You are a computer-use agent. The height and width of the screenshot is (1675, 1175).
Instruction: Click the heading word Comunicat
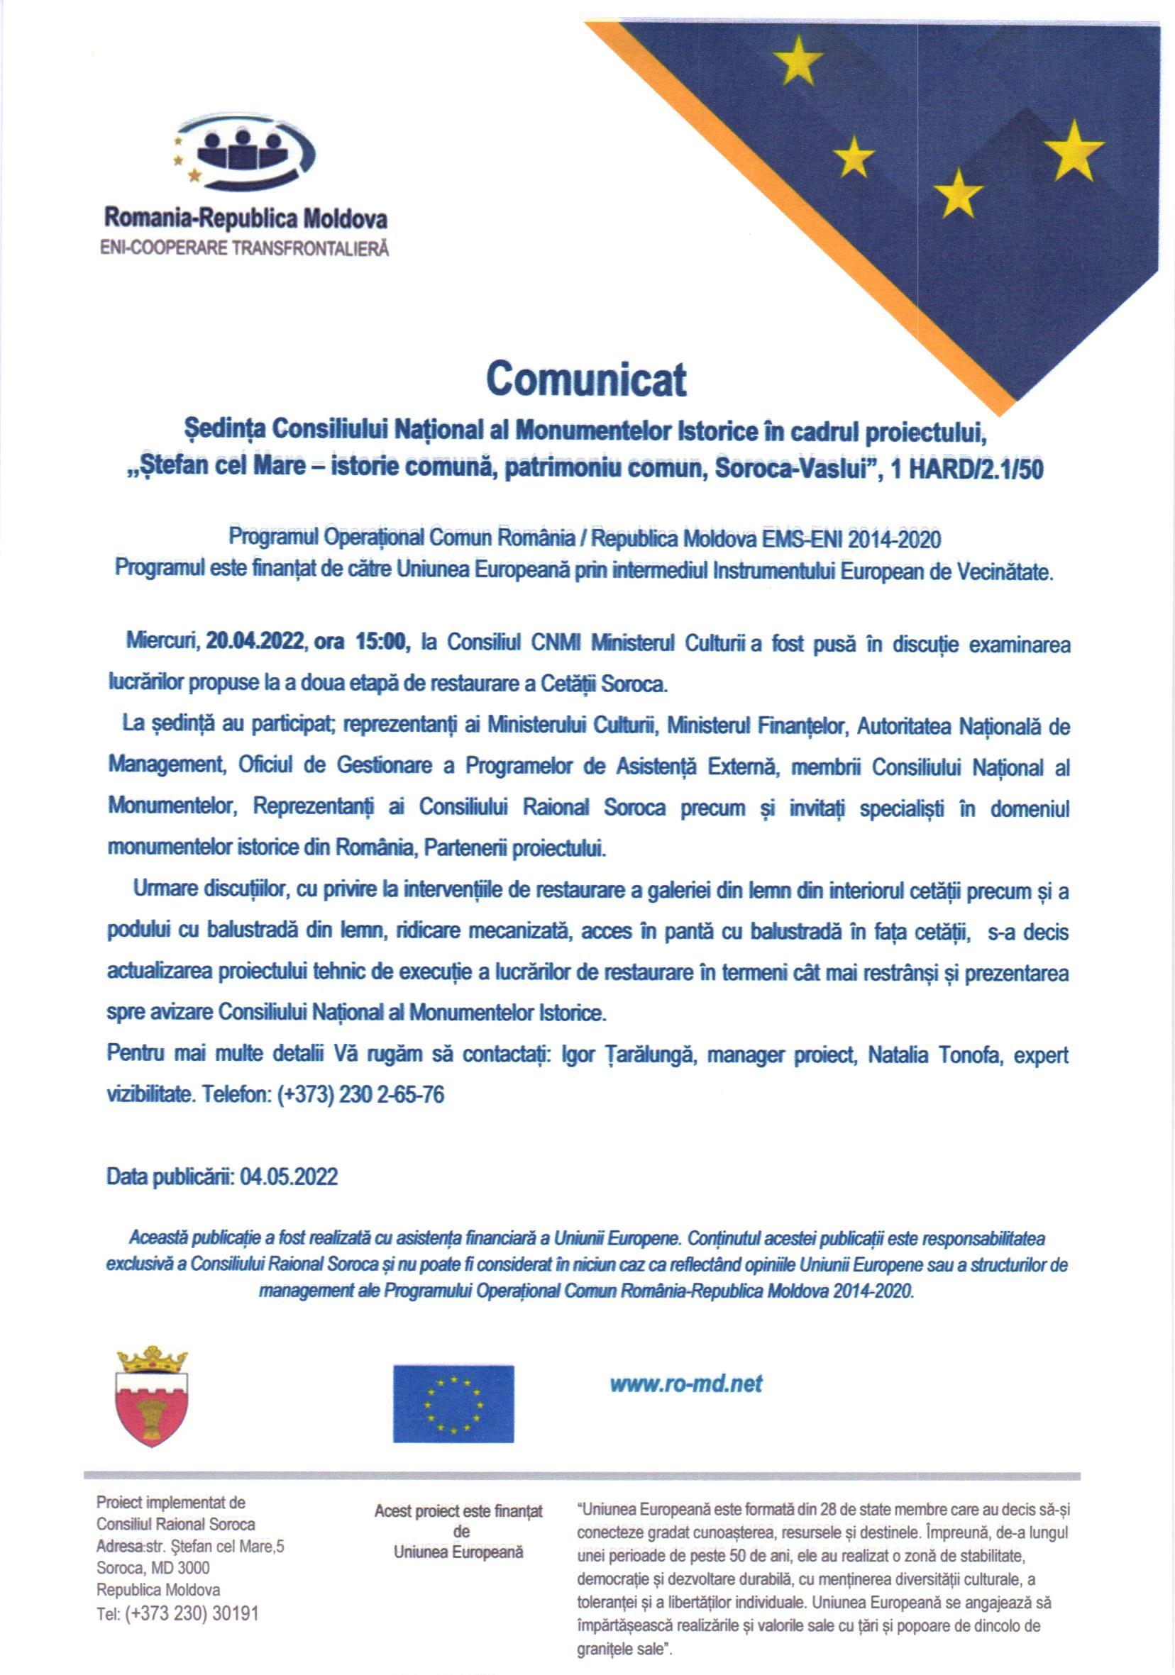tap(586, 379)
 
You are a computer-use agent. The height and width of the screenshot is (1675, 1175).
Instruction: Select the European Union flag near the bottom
tap(453, 1403)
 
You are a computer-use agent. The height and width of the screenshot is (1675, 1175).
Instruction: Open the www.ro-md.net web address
tap(686, 1384)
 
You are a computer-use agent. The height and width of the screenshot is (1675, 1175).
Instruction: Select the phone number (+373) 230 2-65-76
tap(360, 1095)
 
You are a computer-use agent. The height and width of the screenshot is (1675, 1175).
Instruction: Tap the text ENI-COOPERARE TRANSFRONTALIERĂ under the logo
tap(245, 249)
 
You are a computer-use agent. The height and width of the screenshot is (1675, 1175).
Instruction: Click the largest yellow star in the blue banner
tap(1074, 151)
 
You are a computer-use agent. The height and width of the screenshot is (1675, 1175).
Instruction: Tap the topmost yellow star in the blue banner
tap(798, 59)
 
